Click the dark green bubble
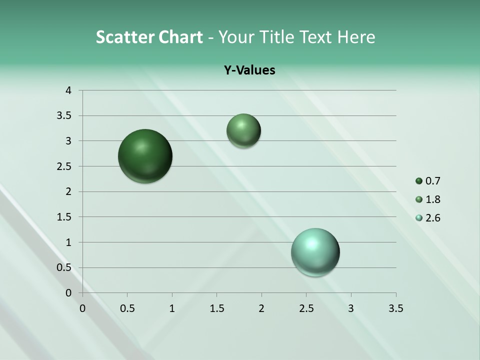tap(145, 156)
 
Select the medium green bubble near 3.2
tap(243, 130)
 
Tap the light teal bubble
tap(315, 252)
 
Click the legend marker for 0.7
tap(419, 181)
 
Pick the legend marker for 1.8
tap(419, 199)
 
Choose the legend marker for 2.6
tap(419, 218)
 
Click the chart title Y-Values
tap(249, 70)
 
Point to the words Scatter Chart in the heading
tap(149, 37)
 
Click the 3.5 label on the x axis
tap(395, 308)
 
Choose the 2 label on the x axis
tap(261, 308)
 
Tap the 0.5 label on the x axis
tap(127, 308)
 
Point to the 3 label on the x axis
tap(351, 308)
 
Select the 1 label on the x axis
tap(172, 308)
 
